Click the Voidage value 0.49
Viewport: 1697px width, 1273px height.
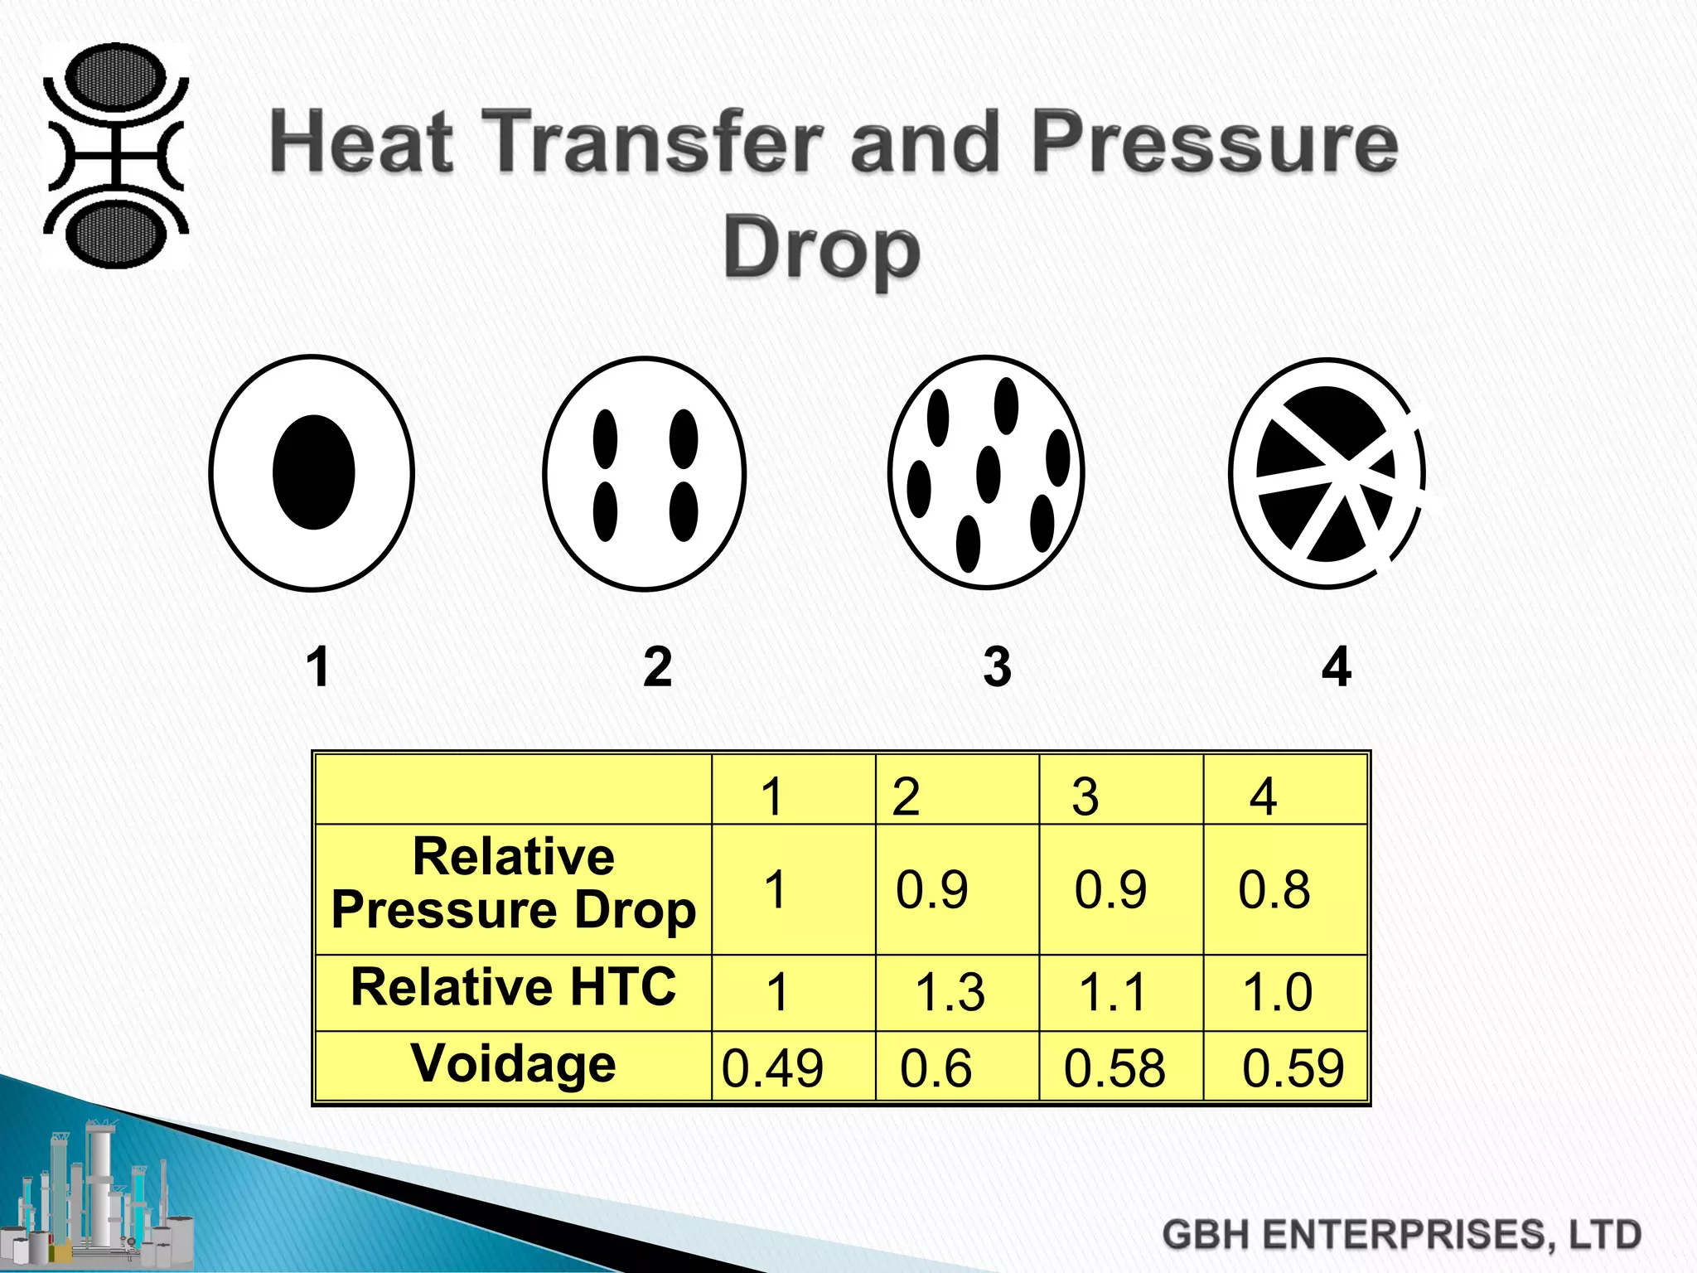[x=772, y=1067]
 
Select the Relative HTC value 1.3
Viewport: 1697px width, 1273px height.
[x=950, y=992]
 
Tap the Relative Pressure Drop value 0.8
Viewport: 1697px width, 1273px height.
[x=1274, y=890]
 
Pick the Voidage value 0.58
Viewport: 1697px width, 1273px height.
[x=1114, y=1067]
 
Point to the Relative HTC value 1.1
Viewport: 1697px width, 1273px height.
[x=1112, y=992]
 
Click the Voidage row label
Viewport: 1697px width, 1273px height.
[x=513, y=1063]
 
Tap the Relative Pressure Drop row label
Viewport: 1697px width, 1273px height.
[x=513, y=883]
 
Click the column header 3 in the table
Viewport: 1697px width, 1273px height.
[x=1085, y=796]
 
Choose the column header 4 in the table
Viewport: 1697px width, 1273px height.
[x=1263, y=796]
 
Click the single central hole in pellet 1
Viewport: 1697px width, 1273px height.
[x=313, y=472]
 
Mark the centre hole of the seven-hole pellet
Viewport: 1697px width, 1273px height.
[x=988, y=474]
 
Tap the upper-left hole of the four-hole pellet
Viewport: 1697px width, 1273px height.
[x=606, y=438]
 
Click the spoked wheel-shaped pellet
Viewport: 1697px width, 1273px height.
[x=1326, y=474]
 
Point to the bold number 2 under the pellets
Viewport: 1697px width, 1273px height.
[x=657, y=666]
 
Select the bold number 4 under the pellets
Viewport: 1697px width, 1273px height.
[x=1336, y=666]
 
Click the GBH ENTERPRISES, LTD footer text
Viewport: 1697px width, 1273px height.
[x=1401, y=1235]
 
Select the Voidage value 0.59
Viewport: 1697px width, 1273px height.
[x=1293, y=1067]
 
